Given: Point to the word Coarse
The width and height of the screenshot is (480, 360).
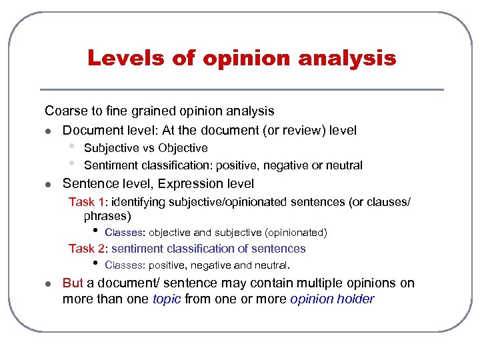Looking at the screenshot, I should coord(65,111).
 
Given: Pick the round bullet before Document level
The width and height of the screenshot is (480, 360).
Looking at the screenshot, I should coord(48,131).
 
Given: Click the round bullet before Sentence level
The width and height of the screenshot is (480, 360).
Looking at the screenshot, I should coord(48,184).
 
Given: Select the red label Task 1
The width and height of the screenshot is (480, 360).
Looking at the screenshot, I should coord(87,202).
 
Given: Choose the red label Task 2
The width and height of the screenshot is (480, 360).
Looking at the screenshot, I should coord(87,249).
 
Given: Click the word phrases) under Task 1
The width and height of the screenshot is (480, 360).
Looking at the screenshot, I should coord(107,216).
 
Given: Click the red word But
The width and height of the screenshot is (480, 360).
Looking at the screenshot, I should coord(73,283).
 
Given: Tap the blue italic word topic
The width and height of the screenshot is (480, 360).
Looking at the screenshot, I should coord(167,299).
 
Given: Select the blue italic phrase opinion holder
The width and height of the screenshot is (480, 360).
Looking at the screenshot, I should coord(332,299).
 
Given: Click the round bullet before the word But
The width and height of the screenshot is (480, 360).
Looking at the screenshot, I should coord(48,284).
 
